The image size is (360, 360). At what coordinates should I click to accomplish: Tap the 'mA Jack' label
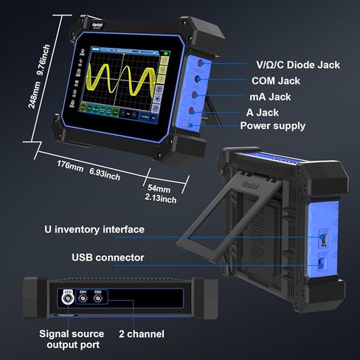(x=271, y=97)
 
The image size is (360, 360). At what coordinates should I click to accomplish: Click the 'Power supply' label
(x=272, y=125)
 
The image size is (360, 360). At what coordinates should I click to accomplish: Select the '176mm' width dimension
(x=70, y=164)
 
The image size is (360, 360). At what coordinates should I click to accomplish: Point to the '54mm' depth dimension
(x=160, y=189)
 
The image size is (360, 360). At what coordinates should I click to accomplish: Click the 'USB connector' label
(x=108, y=257)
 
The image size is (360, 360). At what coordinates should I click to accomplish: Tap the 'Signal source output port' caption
(x=71, y=339)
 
